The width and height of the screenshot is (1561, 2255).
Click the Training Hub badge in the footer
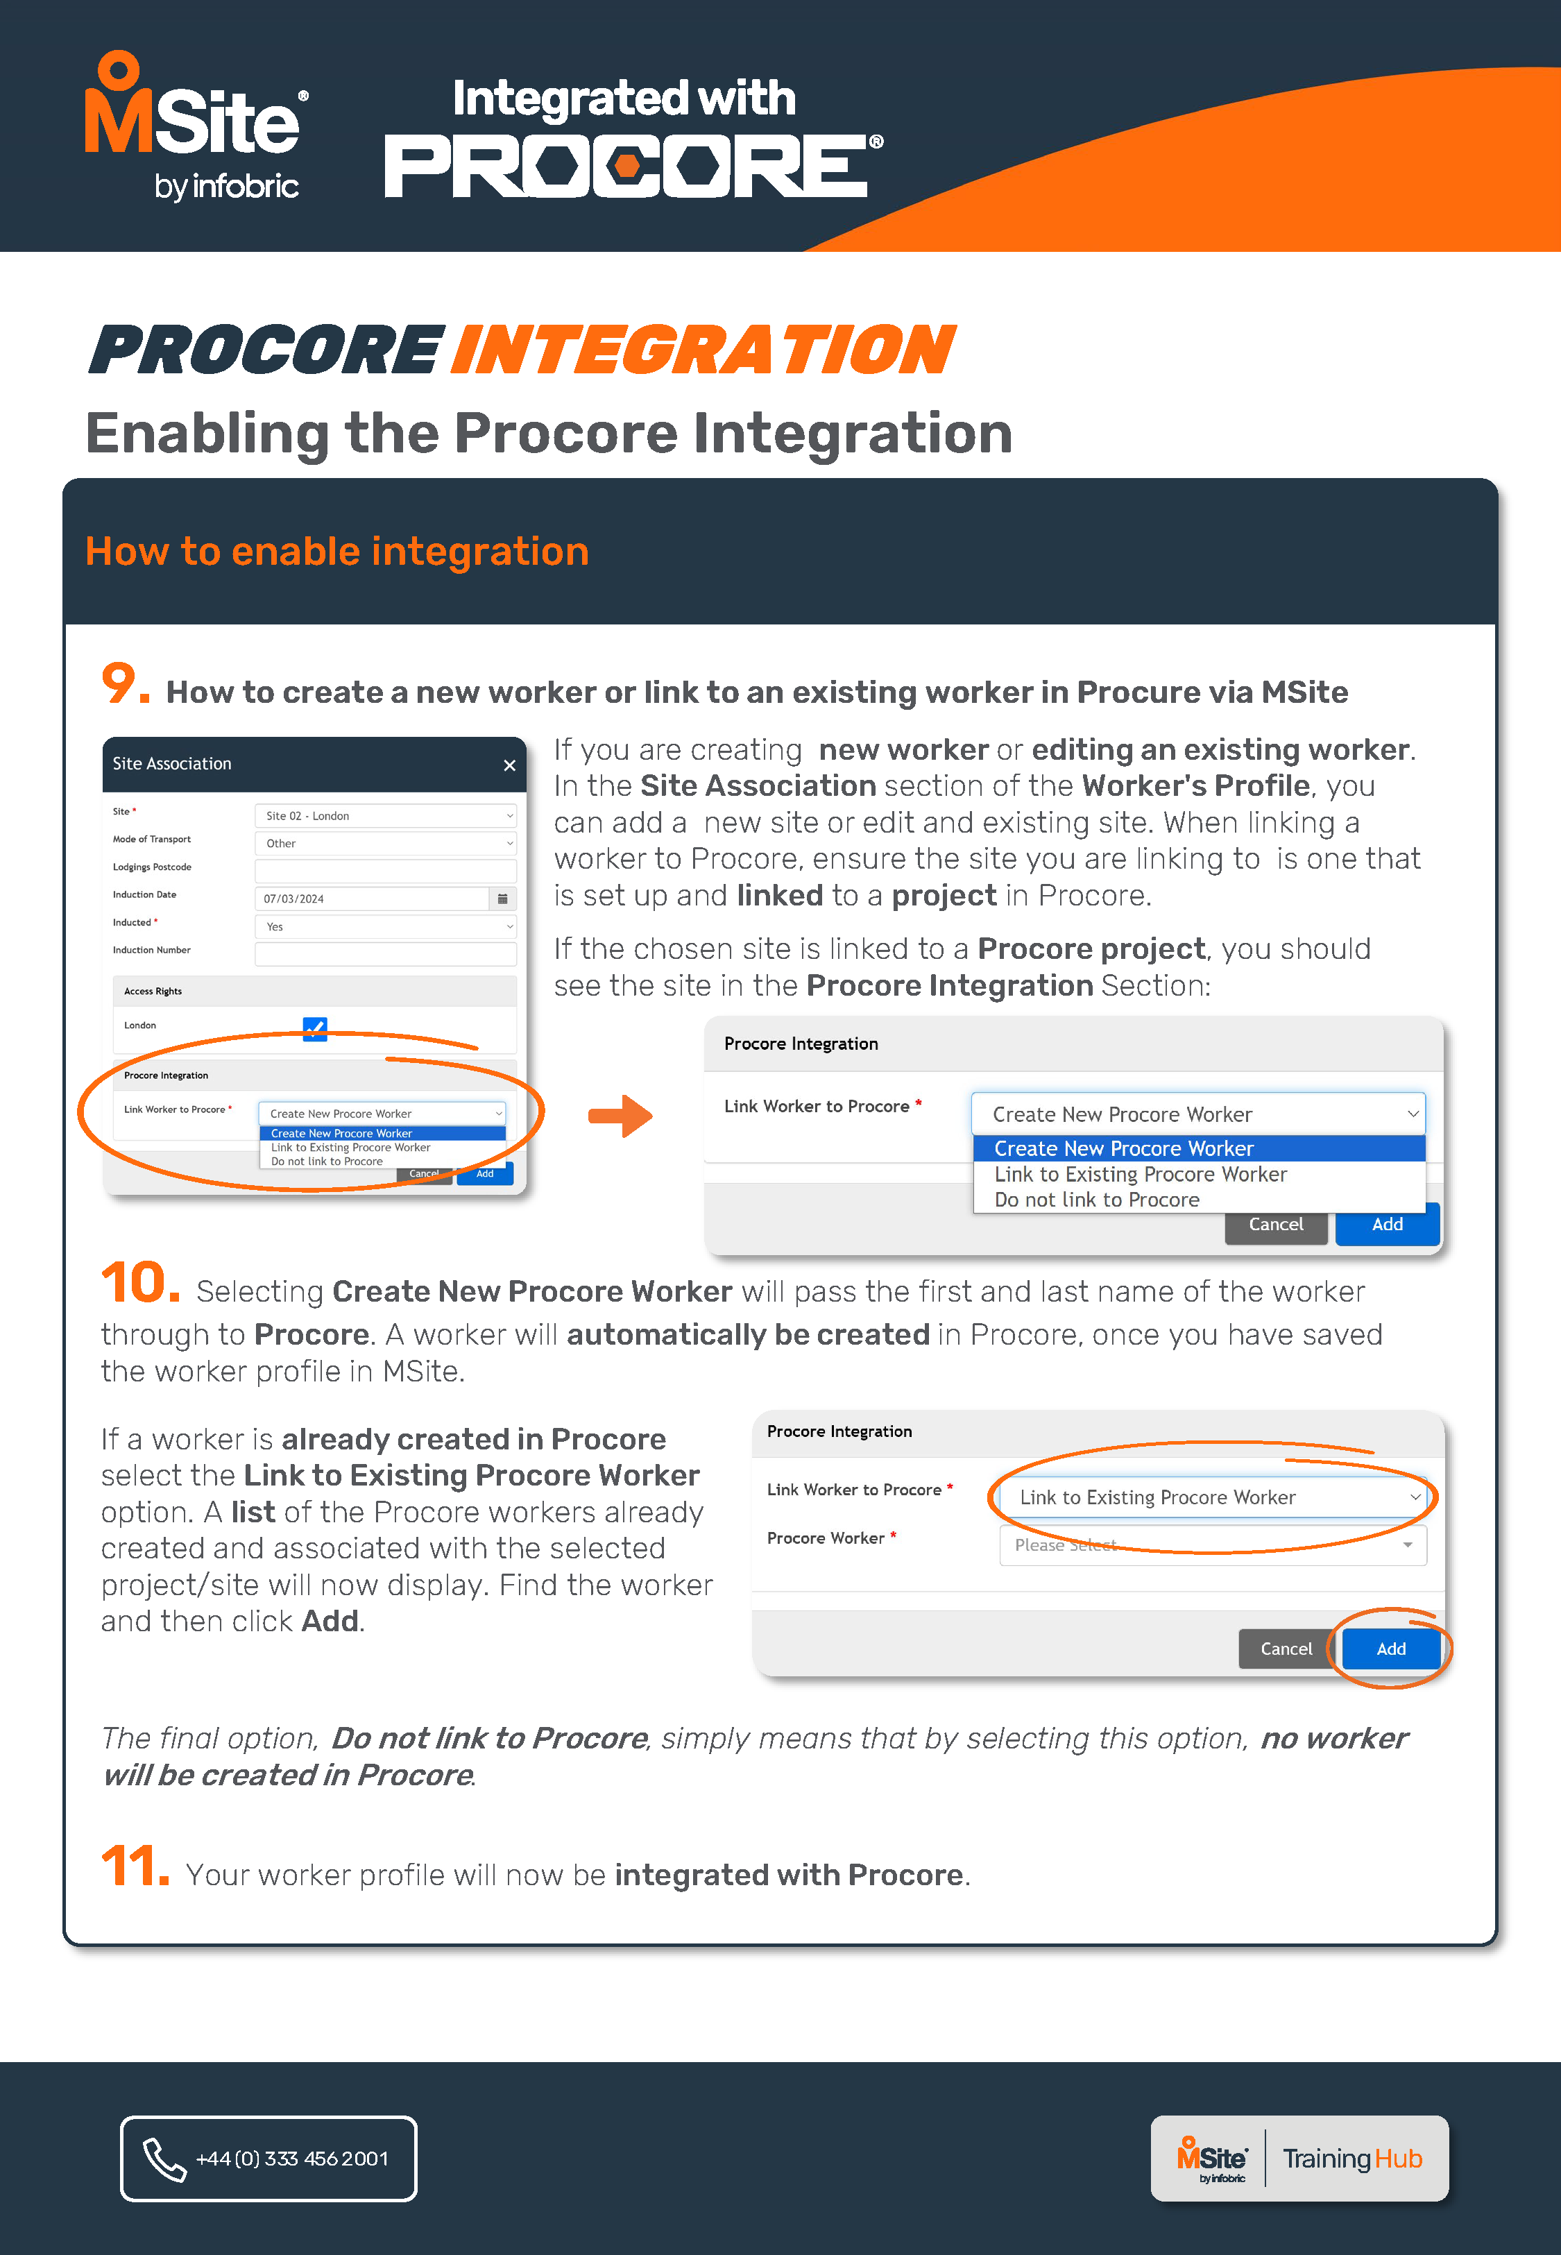[1298, 2158]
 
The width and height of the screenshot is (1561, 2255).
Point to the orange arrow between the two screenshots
[620, 1116]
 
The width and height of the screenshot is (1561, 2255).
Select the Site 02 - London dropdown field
[385, 815]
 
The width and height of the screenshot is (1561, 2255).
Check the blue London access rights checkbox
[315, 1028]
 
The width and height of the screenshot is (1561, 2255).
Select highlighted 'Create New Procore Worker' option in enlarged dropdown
[1124, 1148]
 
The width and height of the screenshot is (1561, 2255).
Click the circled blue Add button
[1390, 1649]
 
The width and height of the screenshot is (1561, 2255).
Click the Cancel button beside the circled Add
[1285, 1649]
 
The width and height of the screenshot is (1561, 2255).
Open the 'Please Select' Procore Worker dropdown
[1212, 1545]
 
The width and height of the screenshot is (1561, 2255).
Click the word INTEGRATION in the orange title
[701, 350]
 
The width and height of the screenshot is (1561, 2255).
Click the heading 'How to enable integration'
[336, 552]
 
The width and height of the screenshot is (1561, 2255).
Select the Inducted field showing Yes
[385, 926]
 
